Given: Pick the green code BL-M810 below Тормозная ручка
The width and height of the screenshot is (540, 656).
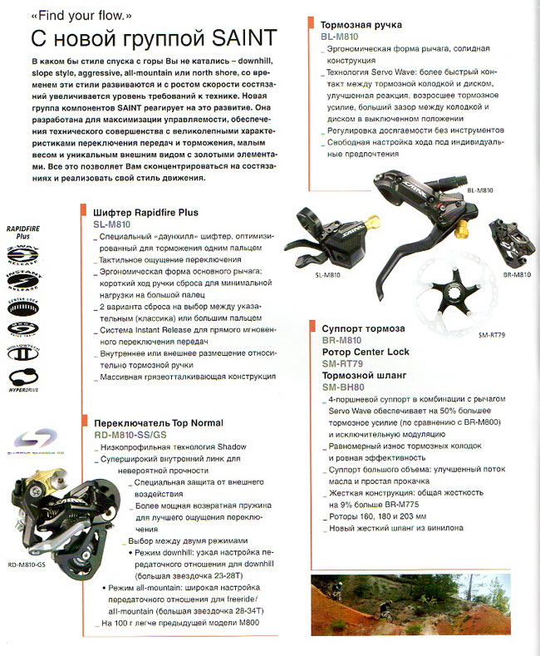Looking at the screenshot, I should (339, 37).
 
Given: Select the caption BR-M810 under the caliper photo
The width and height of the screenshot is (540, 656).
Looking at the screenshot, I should (517, 274).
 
